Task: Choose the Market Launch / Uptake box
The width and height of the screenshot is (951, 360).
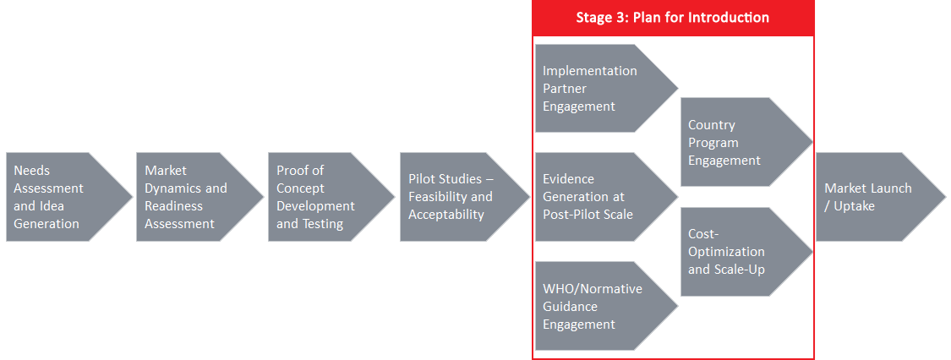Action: pyautogui.click(x=873, y=197)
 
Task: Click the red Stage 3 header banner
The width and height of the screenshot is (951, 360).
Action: pyautogui.click(x=673, y=18)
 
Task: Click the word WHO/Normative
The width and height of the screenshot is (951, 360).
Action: pyautogui.click(x=592, y=288)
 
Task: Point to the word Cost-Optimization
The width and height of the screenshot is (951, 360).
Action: pyautogui.click(x=726, y=243)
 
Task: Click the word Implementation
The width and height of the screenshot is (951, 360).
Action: pyautogui.click(x=589, y=71)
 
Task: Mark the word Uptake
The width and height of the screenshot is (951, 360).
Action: pyautogui.click(x=853, y=206)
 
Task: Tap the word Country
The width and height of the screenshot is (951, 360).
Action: pyautogui.click(x=712, y=125)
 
